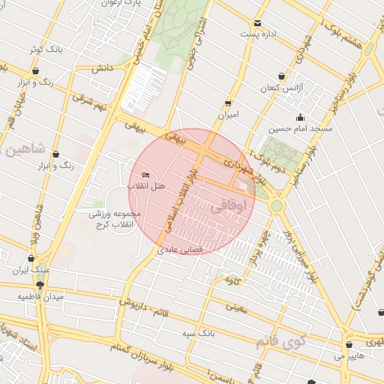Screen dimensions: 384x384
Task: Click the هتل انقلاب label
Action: point(141,185)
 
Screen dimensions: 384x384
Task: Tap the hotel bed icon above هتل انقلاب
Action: point(145,175)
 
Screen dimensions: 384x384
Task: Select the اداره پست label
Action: point(259,34)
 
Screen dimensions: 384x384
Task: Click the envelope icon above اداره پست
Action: point(258,23)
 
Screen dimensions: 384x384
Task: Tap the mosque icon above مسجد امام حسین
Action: point(301,117)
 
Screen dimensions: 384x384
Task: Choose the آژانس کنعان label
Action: point(280,88)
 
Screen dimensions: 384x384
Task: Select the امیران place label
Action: point(227,115)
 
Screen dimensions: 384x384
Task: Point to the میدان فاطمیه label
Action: point(42,297)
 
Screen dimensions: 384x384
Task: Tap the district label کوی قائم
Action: point(281,342)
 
